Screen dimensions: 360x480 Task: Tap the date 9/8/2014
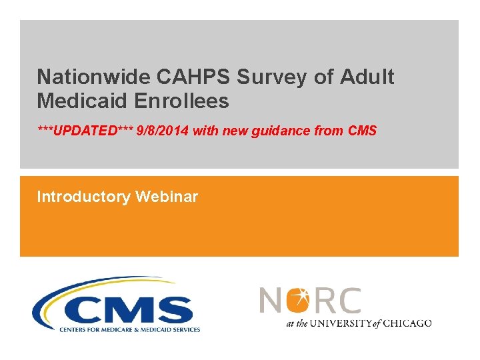163,131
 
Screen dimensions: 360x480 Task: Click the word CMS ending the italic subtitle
362,131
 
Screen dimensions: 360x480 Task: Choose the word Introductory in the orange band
83,197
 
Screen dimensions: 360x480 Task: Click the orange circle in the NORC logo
298,300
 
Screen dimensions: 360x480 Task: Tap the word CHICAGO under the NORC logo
407,323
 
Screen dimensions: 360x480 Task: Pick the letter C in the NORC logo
348,300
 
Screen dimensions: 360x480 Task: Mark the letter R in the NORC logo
324,300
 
